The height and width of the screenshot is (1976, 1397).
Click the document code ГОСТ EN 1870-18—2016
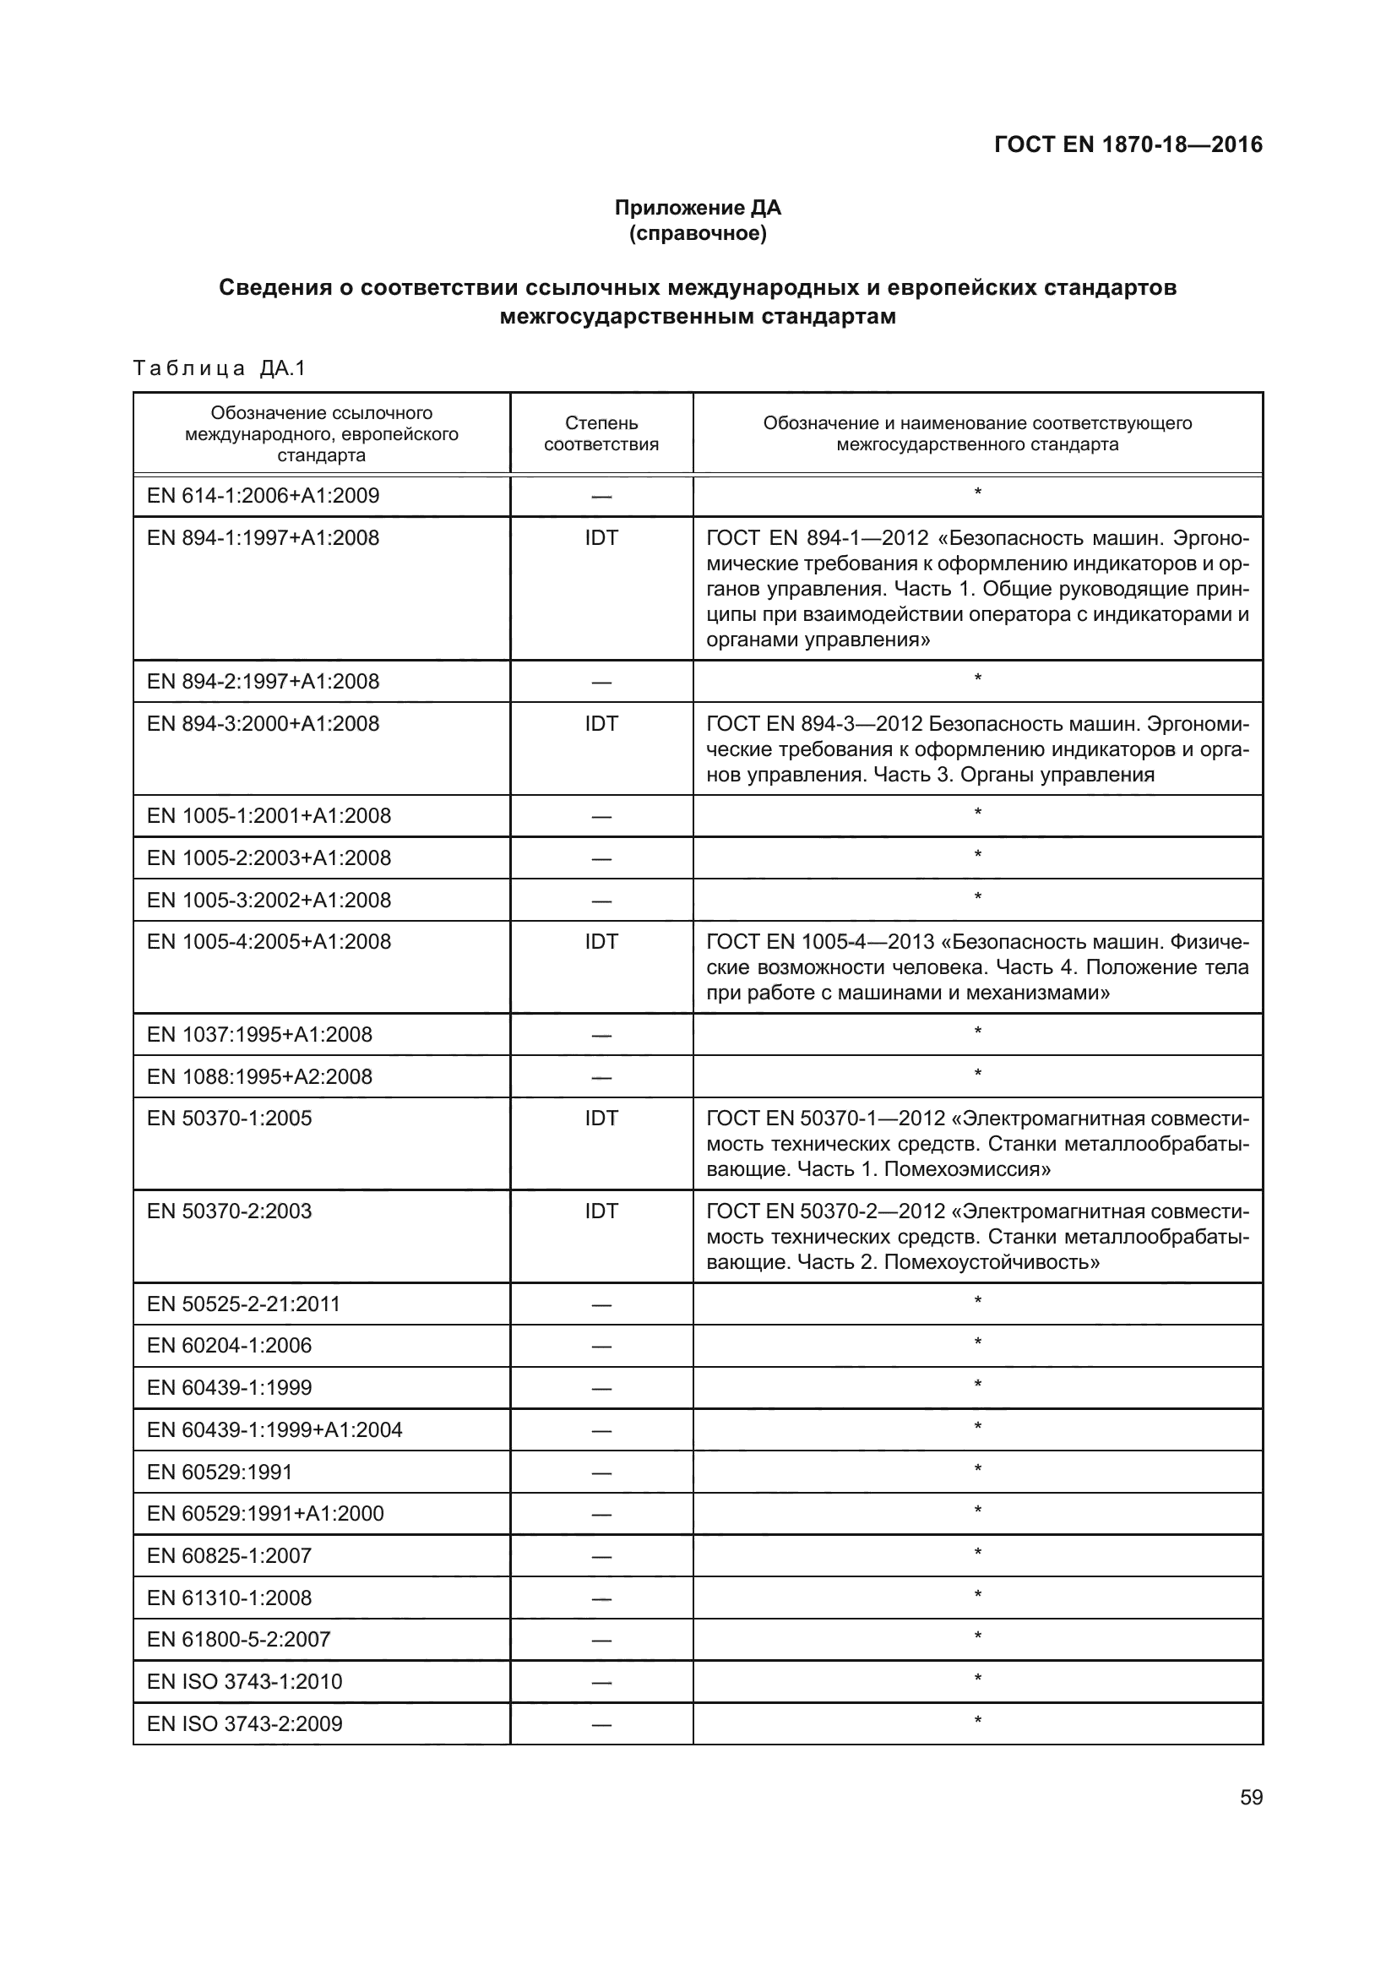(x=1128, y=144)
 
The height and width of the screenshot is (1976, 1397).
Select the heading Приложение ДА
(x=698, y=208)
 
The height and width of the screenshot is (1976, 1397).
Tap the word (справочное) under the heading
(x=698, y=234)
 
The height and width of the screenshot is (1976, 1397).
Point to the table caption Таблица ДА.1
(x=220, y=368)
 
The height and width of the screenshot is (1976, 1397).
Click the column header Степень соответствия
(x=601, y=433)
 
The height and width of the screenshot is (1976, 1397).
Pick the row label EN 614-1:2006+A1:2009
(x=264, y=496)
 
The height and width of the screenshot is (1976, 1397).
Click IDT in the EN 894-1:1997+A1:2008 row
(x=601, y=538)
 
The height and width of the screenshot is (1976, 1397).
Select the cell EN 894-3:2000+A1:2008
(x=264, y=724)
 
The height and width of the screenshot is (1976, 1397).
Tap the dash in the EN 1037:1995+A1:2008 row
(x=601, y=1036)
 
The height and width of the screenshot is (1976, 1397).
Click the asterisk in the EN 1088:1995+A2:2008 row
(x=977, y=1074)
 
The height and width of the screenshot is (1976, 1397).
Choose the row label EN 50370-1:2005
(x=230, y=1119)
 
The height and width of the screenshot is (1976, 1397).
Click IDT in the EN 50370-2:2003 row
(x=601, y=1211)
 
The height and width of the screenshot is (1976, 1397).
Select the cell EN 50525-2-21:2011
(x=243, y=1304)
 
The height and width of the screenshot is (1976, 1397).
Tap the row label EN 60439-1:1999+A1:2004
(x=275, y=1429)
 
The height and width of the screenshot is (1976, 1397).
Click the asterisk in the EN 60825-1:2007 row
(x=977, y=1553)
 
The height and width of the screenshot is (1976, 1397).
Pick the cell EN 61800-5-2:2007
(x=239, y=1640)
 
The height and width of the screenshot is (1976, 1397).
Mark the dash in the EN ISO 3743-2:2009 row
(x=601, y=1725)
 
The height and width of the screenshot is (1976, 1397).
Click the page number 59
(x=1251, y=1798)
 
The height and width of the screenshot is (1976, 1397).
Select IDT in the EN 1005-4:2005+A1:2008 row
(x=601, y=943)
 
